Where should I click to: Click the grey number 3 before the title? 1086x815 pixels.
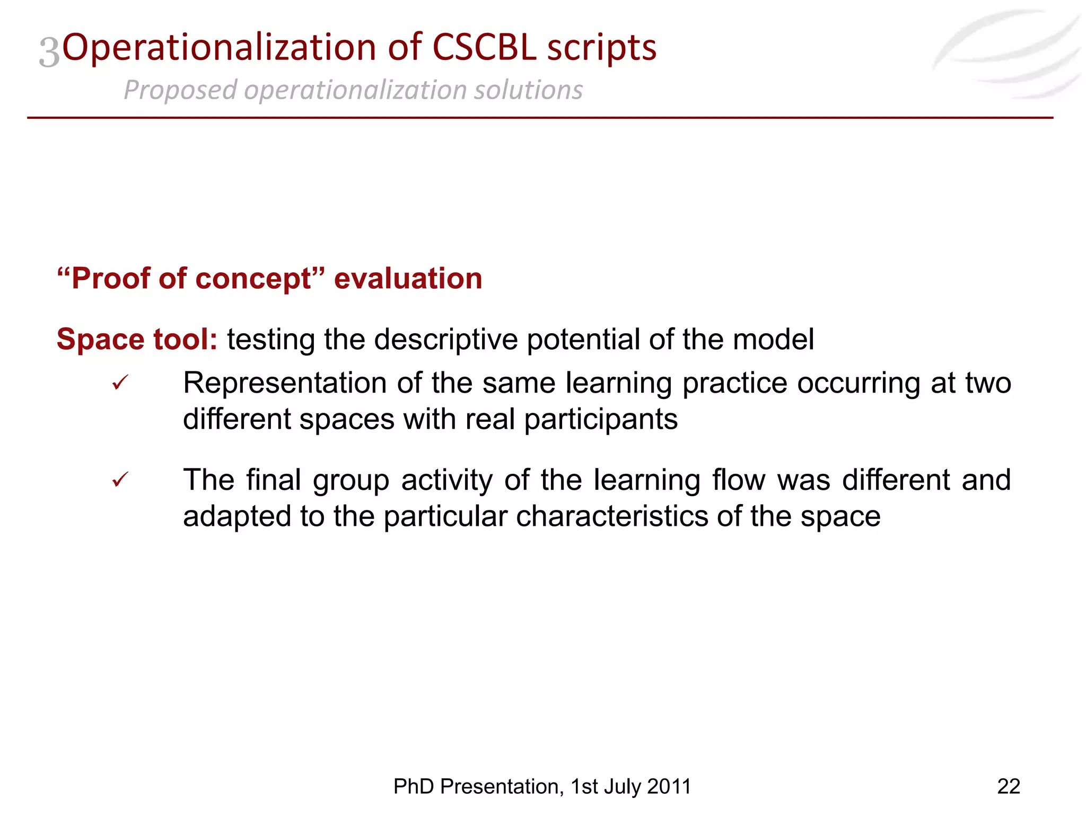pos(49,53)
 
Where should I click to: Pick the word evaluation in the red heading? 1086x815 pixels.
pos(408,279)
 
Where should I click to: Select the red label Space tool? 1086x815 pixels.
pos(137,339)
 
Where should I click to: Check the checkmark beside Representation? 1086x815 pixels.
pos(120,383)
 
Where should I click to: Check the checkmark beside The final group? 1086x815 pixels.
pos(120,480)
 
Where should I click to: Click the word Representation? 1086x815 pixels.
pos(285,383)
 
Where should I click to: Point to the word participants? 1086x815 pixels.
pos(601,419)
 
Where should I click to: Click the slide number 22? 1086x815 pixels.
pos(1008,786)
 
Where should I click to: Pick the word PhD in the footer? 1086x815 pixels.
pos(414,786)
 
